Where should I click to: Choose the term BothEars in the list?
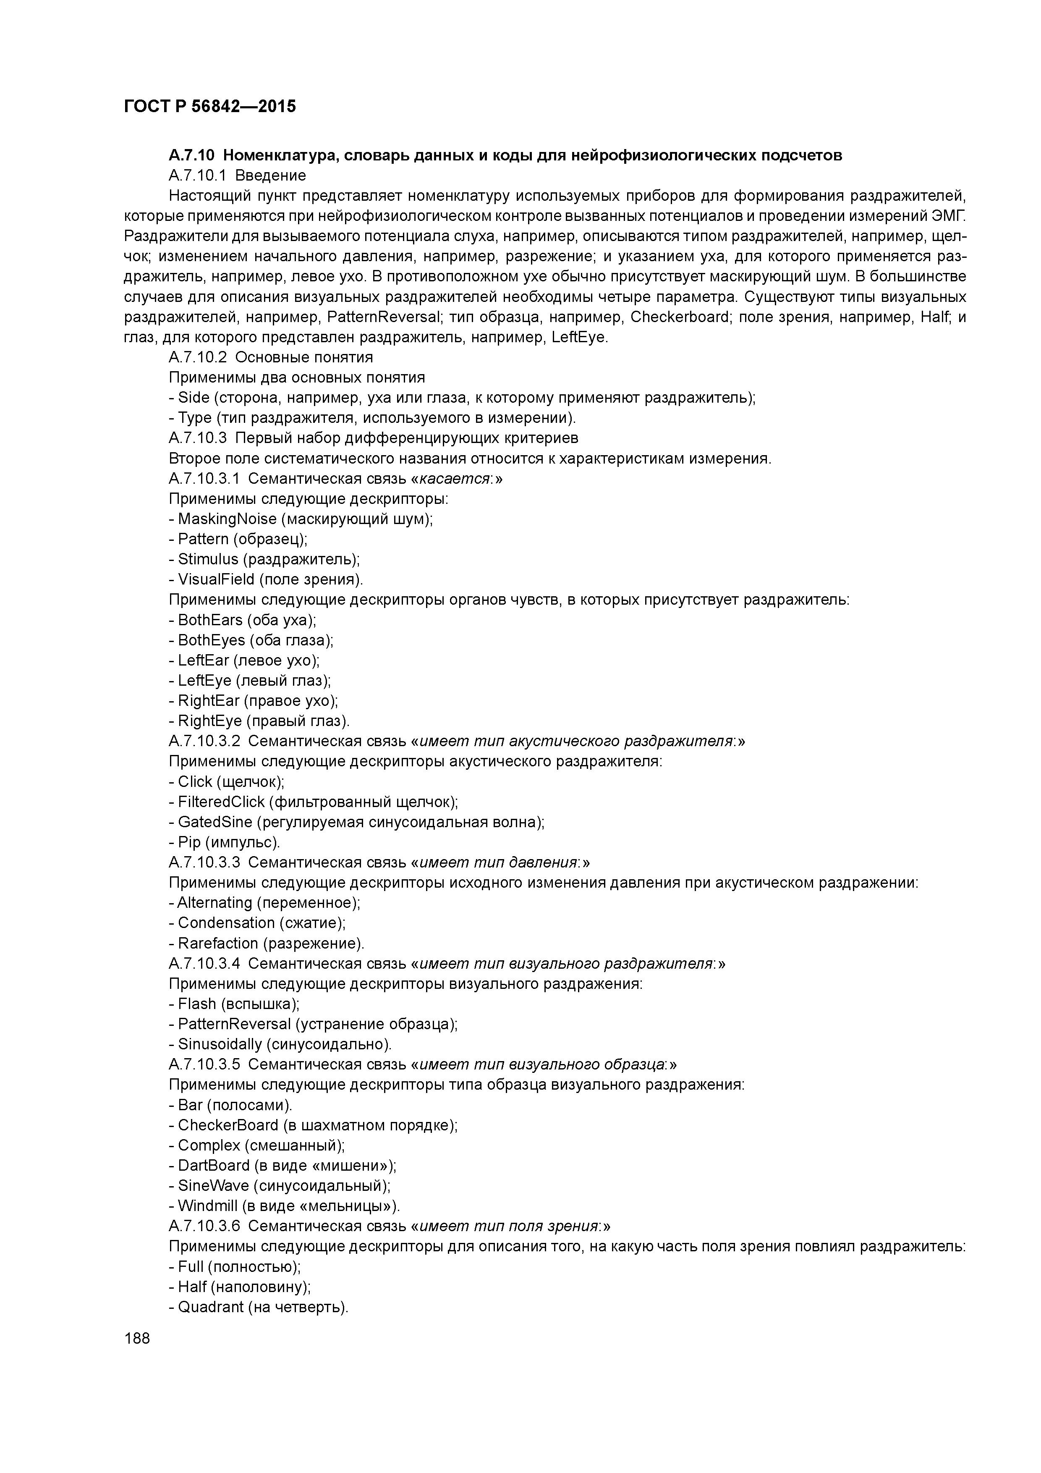pos(210,620)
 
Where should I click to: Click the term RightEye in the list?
pos(209,721)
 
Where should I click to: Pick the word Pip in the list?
pos(189,842)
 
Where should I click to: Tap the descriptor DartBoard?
pos(214,1165)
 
